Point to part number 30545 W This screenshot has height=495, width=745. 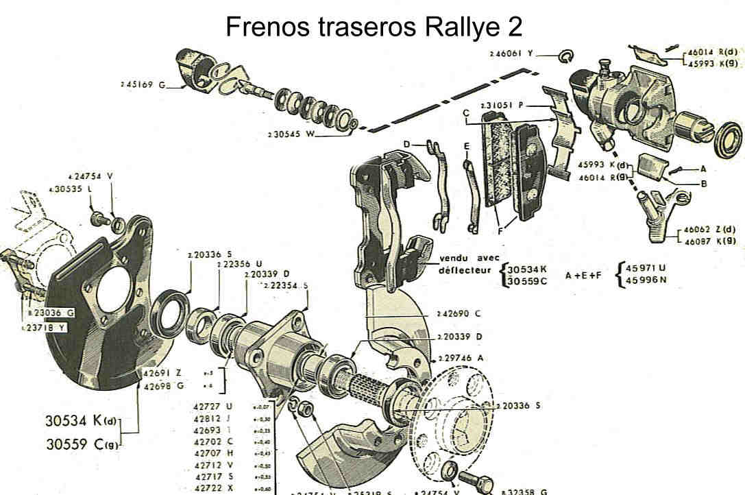coord(291,134)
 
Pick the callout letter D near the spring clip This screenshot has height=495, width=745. coord(406,144)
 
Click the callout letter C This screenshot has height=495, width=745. coord(465,113)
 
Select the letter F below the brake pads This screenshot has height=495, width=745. coord(501,231)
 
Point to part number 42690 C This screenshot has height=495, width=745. coord(459,313)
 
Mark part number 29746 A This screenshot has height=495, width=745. coord(461,359)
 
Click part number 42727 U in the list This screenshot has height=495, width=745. coord(214,405)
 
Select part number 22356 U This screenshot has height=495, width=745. coord(239,263)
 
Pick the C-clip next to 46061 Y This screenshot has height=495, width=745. coord(566,55)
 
